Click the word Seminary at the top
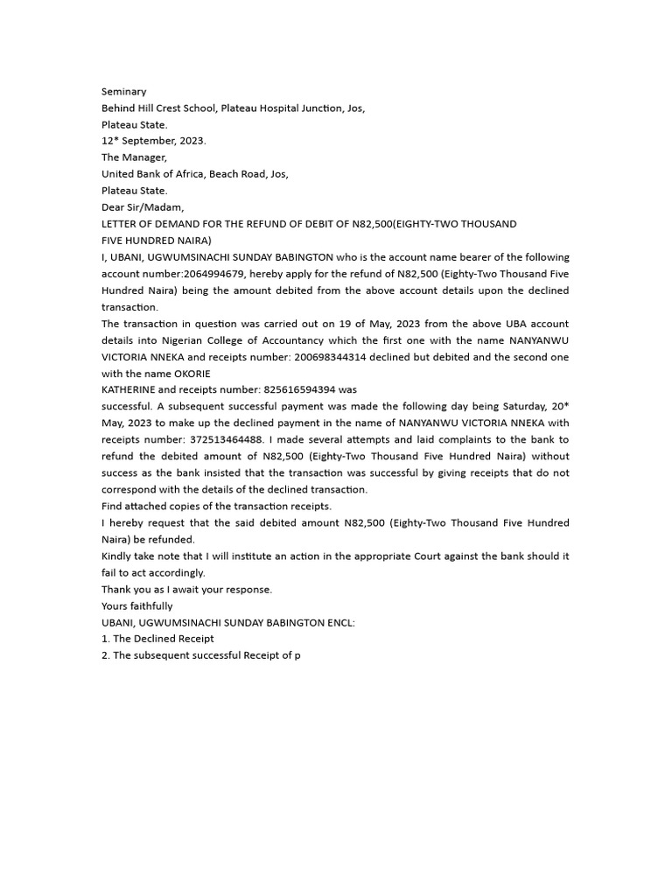click(x=124, y=92)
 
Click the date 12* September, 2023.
click(x=154, y=141)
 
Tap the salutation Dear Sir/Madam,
click(x=143, y=207)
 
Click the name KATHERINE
click(x=132, y=389)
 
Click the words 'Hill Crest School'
click(x=178, y=108)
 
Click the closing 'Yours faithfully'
click(x=137, y=605)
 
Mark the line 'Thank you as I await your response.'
click(x=186, y=589)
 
